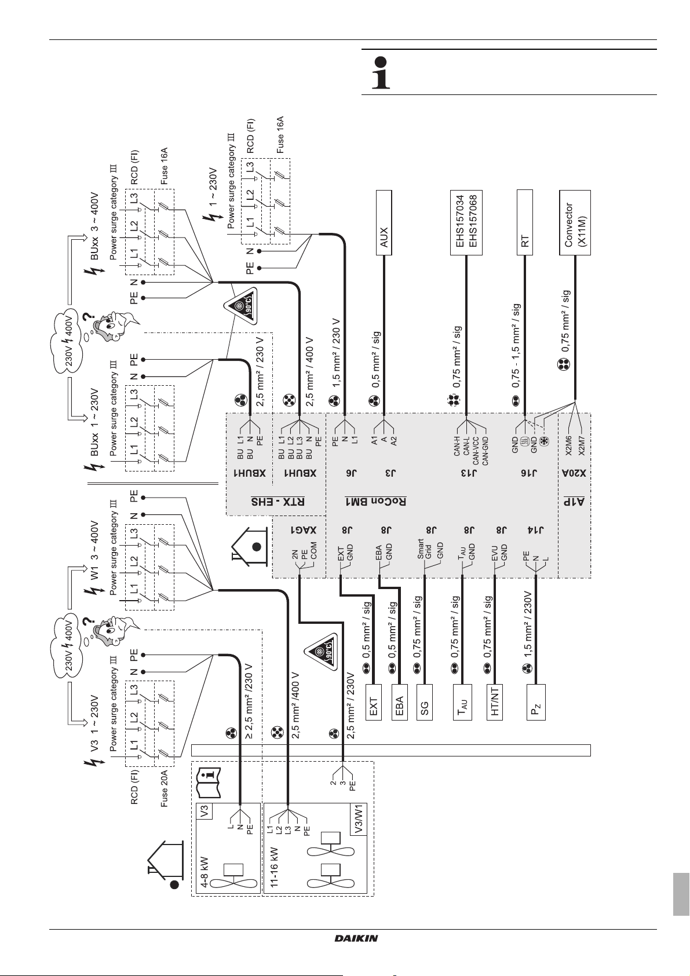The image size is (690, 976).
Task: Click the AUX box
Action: pos(384,222)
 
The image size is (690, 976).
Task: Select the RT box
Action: pos(524,222)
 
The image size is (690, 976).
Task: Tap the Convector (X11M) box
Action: pos(575,222)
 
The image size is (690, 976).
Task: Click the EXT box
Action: pos(374,701)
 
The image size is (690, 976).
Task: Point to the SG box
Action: pos(425,701)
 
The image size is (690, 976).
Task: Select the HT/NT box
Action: pos(495,701)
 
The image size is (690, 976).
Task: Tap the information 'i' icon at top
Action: pos(380,72)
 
